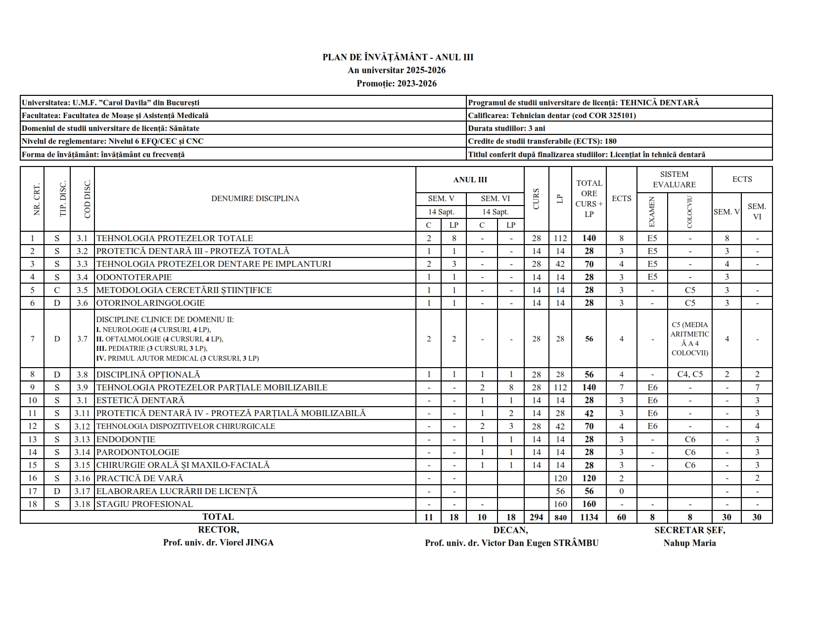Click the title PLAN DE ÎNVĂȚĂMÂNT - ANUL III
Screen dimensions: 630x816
pyautogui.click(x=398, y=57)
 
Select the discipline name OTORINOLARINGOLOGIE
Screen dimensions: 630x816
pyautogui.click(x=150, y=303)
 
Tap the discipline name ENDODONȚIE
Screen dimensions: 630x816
pyautogui.click(x=126, y=439)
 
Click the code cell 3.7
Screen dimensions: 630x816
pyautogui.click(x=82, y=339)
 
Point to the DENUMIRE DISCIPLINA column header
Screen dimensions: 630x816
pyautogui.click(x=255, y=199)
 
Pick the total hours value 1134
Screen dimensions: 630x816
pyautogui.click(x=589, y=517)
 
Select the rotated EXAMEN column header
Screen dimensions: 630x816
pyautogui.click(x=652, y=212)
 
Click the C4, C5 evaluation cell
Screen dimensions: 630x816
pyautogui.click(x=690, y=375)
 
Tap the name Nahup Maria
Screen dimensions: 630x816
pyautogui.click(x=689, y=543)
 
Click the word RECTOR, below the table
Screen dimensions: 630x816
pyautogui.click(x=218, y=530)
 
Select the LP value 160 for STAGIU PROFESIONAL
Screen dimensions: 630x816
pyautogui.click(x=560, y=504)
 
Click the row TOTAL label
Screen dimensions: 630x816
pyautogui.click(x=218, y=517)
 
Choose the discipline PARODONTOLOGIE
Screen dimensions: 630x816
pyautogui.click(x=138, y=452)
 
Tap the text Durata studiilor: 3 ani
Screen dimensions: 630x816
pyautogui.click(x=507, y=128)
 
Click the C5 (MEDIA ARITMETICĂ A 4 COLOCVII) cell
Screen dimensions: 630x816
pyautogui.click(x=690, y=339)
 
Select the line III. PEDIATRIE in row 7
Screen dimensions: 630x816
pyautogui.click(x=151, y=348)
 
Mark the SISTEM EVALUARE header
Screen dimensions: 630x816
pyautogui.click(x=674, y=179)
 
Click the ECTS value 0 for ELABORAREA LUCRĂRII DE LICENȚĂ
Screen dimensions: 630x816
pyautogui.click(x=622, y=491)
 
